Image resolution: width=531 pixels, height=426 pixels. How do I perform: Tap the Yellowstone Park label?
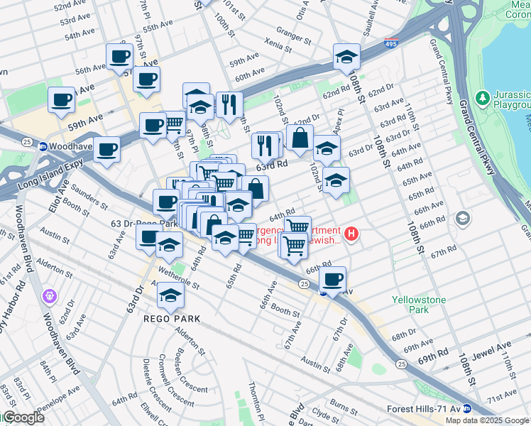pos(420,305)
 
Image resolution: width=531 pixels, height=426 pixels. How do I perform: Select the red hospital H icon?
pos(351,233)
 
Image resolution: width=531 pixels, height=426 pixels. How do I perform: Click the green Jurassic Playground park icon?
pos(482,97)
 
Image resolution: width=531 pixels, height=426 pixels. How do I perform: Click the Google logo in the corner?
pos(23,418)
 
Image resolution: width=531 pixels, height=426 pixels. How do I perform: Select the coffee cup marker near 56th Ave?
pos(119,56)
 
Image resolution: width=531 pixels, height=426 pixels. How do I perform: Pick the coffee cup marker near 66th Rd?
pos(332,278)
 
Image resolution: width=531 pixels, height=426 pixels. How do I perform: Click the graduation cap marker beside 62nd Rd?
pos(346,58)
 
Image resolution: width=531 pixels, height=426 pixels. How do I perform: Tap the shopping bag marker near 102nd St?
pos(300,138)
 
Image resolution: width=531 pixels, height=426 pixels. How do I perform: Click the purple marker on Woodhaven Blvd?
pos(49,295)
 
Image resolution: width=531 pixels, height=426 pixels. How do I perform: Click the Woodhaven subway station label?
pos(74,146)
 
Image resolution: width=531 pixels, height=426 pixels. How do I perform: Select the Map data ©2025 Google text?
pos(486,420)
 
